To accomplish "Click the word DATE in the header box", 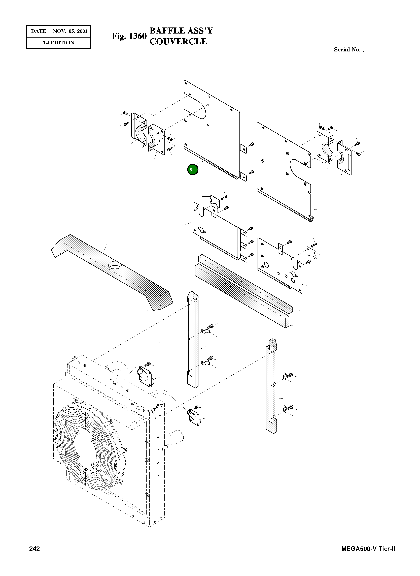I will (38, 31).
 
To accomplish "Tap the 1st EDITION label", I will (58, 43).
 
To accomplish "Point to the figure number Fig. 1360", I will (129, 36).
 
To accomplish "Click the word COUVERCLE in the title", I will (178, 41).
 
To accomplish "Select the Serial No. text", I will (348, 50).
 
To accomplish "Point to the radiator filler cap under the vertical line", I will (115, 380).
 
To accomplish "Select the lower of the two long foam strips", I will (241, 295).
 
